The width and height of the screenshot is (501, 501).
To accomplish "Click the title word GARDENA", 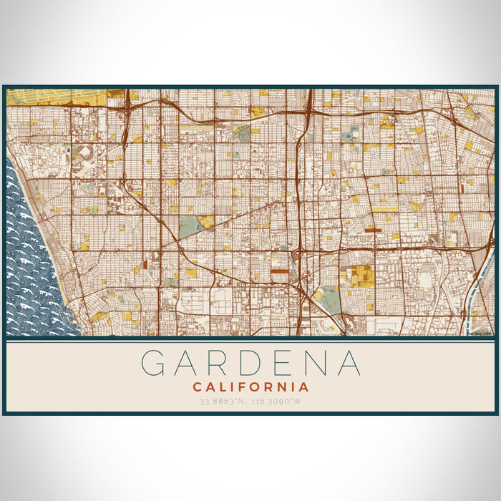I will pyautogui.click(x=250, y=363).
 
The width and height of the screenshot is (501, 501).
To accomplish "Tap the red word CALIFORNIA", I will pyautogui.click(x=250, y=386).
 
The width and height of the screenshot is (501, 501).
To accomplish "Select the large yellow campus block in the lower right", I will pyautogui.click(x=361, y=276).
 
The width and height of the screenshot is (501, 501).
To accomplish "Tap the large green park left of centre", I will pyautogui.click(x=188, y=227).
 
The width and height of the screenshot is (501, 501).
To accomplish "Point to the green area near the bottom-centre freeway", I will pyautogui.click(x=329, y=298).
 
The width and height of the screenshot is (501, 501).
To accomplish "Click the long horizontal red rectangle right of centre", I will pyautogui.click(x=373, y=230).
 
